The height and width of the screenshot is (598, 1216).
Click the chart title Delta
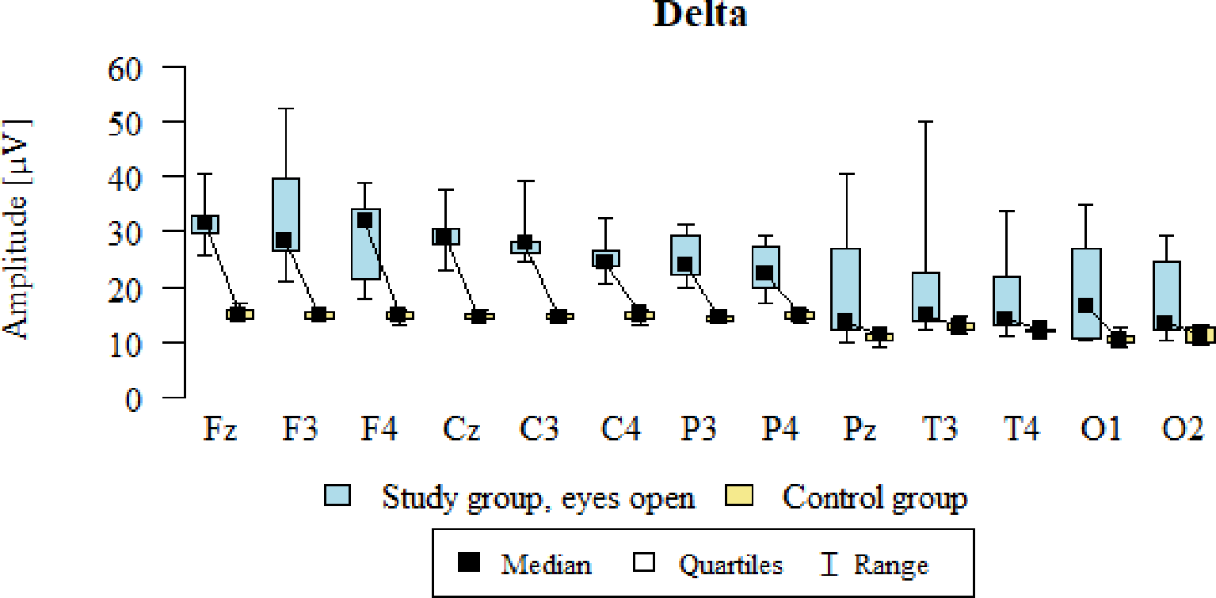pyautogui.click(x=699, y=15)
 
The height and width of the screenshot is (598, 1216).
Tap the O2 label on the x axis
pyautogui.click(x=1182, y=431)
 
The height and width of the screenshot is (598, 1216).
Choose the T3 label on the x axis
pyautogui.click(x=940, y=431)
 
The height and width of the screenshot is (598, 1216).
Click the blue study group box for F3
pyautogui.click(x=285, y=214)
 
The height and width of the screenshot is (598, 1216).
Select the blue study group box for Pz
pyautogui.click(x=846, y=289)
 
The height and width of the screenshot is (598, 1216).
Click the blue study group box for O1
pyautogui.click(x=1087, y=293)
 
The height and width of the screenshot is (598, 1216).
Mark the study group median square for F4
pyautogui.click(x=365, y=221)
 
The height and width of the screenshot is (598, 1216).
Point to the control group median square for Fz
pyautogui.click(x=237, y=314)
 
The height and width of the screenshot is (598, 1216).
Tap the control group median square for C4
pyautogui.click(x=638, y=314)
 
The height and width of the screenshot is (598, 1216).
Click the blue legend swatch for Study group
pyautogui.click(x=338, y=497)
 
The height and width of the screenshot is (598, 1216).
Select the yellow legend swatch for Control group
pyautogui.click(x=738, y=497)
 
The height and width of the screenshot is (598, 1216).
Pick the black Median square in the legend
pyautogui.click(x=469, y=563)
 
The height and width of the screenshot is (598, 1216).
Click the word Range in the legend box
pyautogui.click(x=890, y=565)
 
